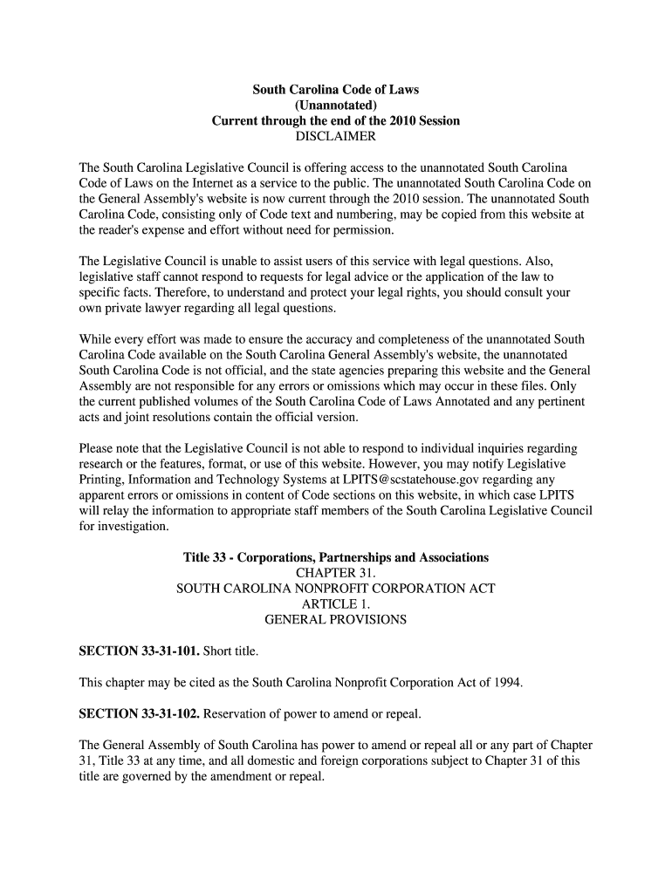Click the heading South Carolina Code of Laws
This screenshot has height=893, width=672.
coord(336,90)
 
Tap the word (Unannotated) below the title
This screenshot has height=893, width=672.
coord(336,106)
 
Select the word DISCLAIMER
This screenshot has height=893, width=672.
coord(336,137)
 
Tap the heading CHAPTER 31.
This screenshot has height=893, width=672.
coord(336,573)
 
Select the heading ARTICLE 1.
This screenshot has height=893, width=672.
coord(336,604)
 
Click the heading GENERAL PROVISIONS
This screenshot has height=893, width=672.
coord(336,620)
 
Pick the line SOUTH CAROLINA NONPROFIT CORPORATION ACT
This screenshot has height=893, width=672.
coord(336,589)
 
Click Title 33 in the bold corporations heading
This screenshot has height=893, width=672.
coord(204,557)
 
